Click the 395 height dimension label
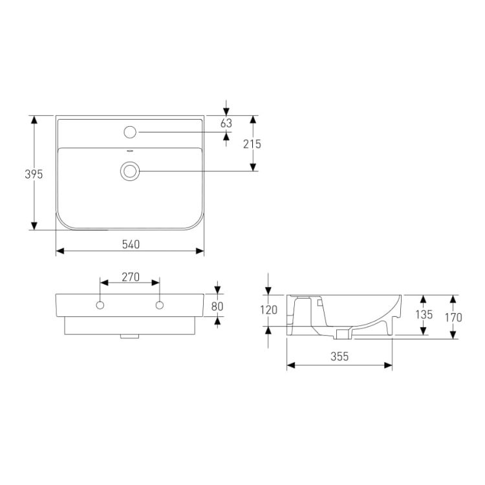tap(34, 175)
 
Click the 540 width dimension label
tap(131, 244)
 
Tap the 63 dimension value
tap(226, 123)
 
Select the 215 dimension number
tap(252, 144)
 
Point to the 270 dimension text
tap(131, 277)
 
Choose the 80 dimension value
tap(217, 307)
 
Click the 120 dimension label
tap(268, 310)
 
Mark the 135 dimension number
tap(424, 314)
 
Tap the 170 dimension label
tap(453, 318)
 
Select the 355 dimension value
tap(339, 356)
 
